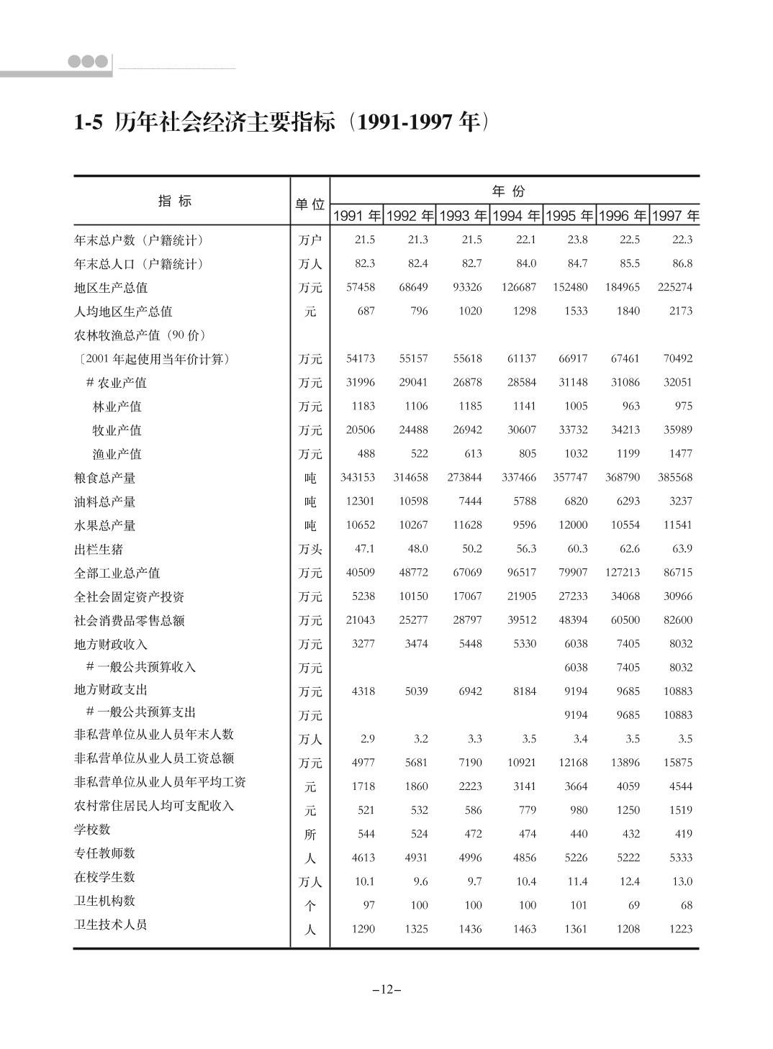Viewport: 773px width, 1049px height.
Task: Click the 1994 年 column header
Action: click(516, 216)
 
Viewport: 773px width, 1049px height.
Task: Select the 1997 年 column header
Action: click(675, 216)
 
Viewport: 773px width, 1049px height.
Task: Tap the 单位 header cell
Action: click(310, 204)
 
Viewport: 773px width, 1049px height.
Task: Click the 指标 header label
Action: click(175, 201)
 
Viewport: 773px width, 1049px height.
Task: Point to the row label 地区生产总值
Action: click(111, 288)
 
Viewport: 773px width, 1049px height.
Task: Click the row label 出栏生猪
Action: click(99, 550)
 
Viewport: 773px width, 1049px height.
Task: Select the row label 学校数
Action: click(93, 830)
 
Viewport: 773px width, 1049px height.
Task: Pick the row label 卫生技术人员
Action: click(111, 925)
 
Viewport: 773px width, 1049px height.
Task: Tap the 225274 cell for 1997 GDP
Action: click(674, 287)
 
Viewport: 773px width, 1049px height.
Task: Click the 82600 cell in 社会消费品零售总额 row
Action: click(677, 620)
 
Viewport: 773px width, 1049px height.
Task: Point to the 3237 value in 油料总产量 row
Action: click(680, 501)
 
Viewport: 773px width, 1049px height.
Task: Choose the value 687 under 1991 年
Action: click(366, 311)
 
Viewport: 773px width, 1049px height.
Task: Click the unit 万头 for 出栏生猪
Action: click(310, 550)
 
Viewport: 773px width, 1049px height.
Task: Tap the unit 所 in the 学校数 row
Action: click(310, 835)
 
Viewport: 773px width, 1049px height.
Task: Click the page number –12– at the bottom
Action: click(386, 989)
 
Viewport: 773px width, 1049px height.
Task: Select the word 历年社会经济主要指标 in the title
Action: click(225, 123)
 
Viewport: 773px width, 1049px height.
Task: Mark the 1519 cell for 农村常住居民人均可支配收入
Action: click(680, 810)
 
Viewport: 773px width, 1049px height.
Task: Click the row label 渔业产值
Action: click(117, 454)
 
